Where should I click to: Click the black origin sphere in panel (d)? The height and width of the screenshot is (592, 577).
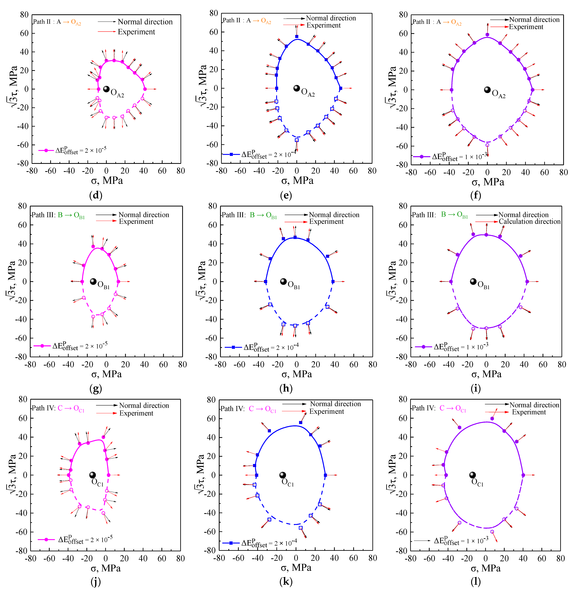(106, 89)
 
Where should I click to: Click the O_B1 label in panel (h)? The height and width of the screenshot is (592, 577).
(293, 285)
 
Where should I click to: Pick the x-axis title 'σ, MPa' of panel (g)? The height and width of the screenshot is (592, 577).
(106, 374)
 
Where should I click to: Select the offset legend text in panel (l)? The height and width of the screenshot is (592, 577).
(461, 541)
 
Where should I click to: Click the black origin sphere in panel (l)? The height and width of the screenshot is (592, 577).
(472, 475)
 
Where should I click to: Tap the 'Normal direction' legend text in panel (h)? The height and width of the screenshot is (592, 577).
(334, 215)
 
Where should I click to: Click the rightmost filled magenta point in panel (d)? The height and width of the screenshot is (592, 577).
(145, 89)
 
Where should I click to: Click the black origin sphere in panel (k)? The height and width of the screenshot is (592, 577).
(282, 475)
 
